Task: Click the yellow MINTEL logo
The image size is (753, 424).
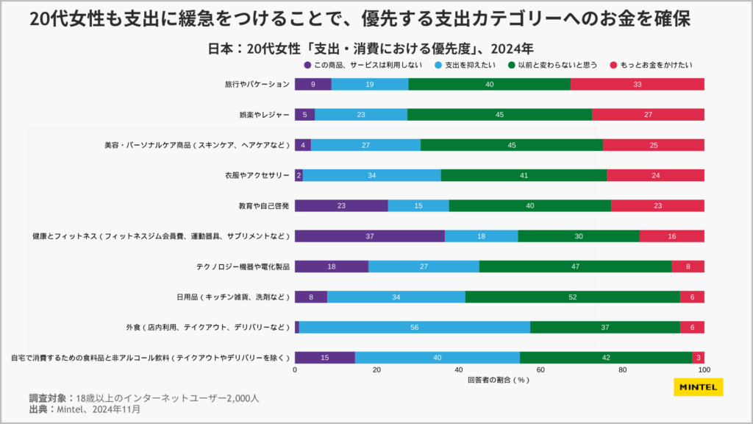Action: tap(698, 387)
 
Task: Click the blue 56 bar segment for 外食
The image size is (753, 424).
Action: tap(415, 327)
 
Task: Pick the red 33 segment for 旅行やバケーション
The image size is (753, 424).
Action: tap(637, 84)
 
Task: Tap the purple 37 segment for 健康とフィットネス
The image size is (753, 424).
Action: tap(369, 236)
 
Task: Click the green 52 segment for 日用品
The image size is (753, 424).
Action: tap(572, 297)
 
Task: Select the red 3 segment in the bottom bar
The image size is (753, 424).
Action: tap(699, 357)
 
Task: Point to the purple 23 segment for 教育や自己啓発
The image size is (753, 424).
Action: tap(341, 205)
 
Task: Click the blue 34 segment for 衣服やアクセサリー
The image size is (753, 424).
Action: tap(372, 175)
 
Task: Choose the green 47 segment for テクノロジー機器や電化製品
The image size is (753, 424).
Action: tap(575, 266)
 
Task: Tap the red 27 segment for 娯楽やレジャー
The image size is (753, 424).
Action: tap(648, 115)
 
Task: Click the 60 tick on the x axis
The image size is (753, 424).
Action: tap(540, 370)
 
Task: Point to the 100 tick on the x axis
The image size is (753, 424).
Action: tap(704, 370)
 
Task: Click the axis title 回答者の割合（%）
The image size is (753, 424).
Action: tap(499, 381)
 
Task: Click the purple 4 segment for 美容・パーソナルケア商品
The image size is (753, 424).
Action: tap(303, 145)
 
